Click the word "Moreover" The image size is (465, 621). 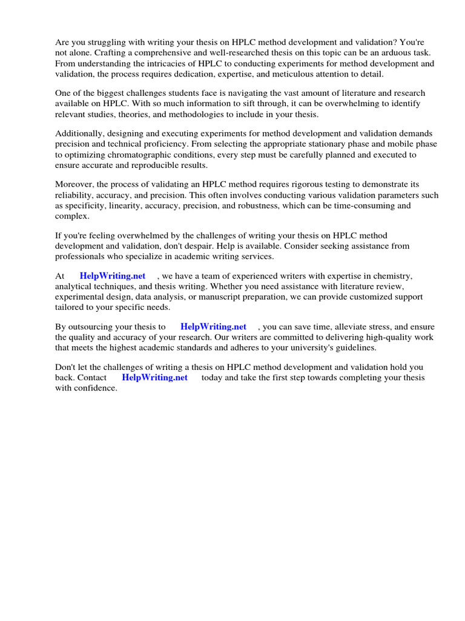pyautogui.click(x=76, y=185)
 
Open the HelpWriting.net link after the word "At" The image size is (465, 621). pyautogui.click(x=113, y=277)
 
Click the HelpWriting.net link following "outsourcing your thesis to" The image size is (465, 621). pyautogui.click(x=213, y=327)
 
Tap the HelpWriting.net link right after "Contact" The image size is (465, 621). pyautogui.click(x=154, y=378)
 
